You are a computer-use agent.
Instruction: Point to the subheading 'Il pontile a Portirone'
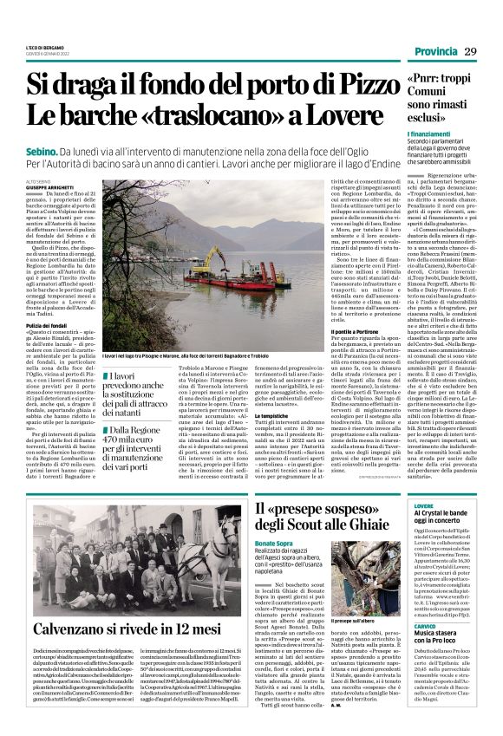tap(341, 307)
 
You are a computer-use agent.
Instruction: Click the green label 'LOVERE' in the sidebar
tap(424, 505)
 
